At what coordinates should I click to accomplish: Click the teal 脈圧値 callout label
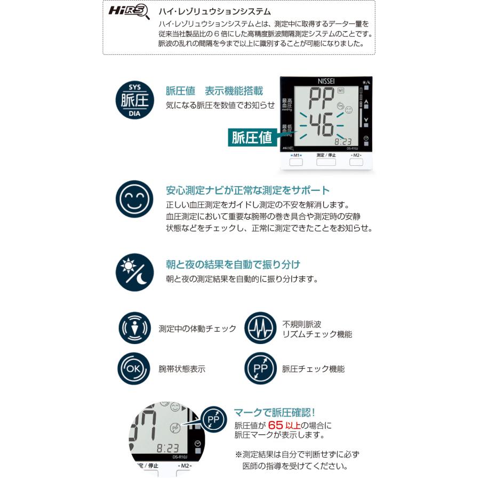(x=251, y=137)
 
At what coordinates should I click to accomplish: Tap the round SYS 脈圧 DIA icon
(x=135, y=100)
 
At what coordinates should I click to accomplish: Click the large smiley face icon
(x=134, y=199)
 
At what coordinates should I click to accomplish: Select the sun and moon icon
(x=134, y=272)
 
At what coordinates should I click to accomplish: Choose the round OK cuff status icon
(x=133, y=369)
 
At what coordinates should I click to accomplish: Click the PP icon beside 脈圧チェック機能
(x=260, y=369)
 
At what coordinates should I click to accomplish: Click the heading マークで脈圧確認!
(x=275, y=412)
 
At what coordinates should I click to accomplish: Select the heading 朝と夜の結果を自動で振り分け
(x=233, y=265)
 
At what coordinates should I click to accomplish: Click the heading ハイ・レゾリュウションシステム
(x=215, y=11)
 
